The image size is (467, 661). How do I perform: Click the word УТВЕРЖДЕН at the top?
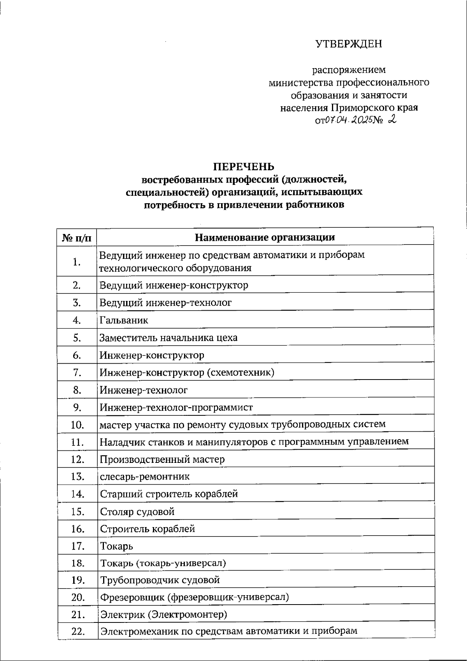[348, 44]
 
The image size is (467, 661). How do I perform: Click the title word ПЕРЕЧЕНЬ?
[244, 167]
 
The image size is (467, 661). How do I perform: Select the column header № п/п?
[77, 237]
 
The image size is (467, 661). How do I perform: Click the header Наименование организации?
[265, 237]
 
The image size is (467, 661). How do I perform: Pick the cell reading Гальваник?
[124, 320]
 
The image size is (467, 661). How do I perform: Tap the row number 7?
[77, 373]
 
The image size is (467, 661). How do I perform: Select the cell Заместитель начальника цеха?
[168, 338]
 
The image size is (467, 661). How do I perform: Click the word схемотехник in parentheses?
[240, 373]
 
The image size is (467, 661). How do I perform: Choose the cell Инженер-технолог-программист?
[176, 408]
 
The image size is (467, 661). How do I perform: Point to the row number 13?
[78, 476]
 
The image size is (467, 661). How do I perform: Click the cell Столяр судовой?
[137, 512]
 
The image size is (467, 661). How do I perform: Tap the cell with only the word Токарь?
[117, 546]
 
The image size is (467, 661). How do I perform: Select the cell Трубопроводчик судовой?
[160, 580]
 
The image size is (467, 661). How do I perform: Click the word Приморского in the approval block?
[362, 107]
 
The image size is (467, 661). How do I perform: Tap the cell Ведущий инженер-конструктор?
[174, 285]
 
